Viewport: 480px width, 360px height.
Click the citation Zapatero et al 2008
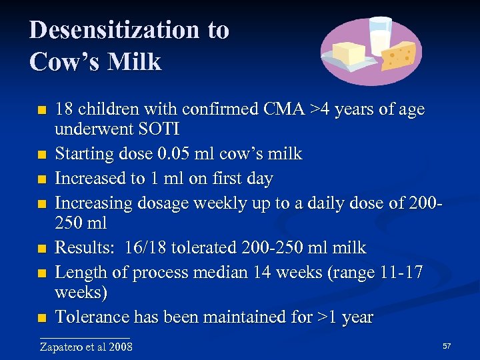(86, 347)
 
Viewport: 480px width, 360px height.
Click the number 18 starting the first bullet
(64, 109)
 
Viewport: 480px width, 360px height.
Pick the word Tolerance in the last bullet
(93, 317)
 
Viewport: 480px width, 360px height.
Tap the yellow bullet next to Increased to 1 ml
(43, 179)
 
